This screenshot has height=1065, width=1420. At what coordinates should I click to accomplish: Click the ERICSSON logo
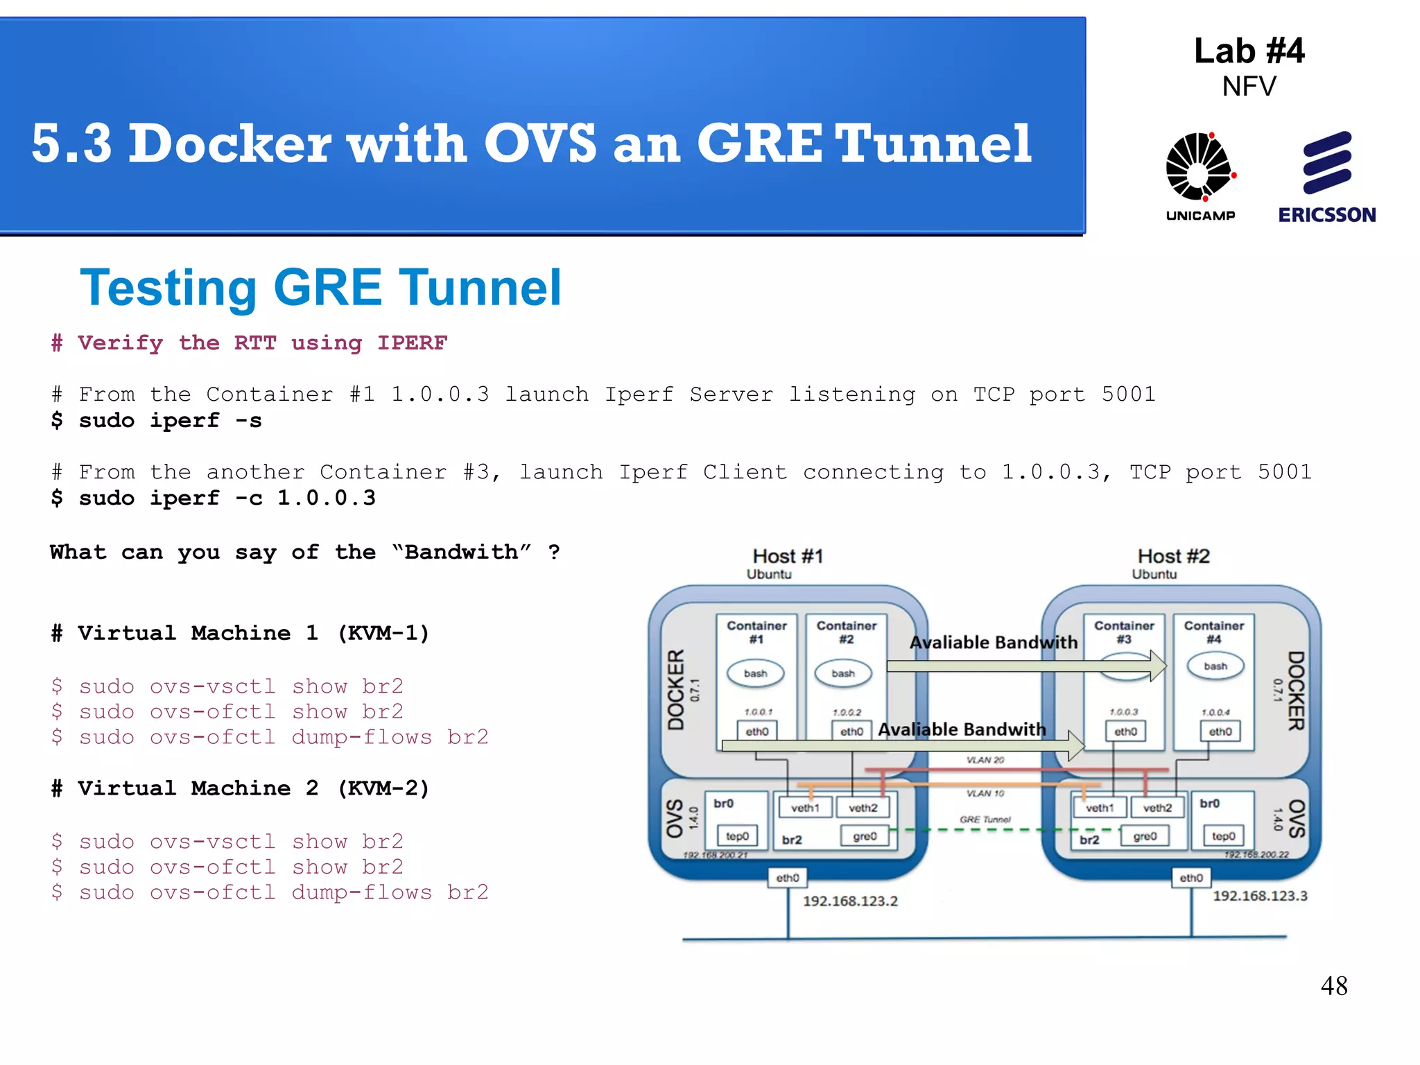click(x=1326, y=176)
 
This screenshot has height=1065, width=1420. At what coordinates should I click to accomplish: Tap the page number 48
click(x=1333, y=986)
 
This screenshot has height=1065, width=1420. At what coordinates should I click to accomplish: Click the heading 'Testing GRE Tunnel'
click(x=320, y=288)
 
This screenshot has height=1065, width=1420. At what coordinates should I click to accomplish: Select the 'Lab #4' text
click(x=1249, y=51)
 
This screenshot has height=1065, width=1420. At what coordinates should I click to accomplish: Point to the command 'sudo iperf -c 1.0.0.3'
click(x=214, y=499)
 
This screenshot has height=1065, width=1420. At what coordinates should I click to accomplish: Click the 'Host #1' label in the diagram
click(x=788, y=556)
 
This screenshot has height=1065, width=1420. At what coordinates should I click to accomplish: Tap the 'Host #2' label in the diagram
click(x=1173, y=556)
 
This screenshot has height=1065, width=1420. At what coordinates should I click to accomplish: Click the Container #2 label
click(x=847, y=632)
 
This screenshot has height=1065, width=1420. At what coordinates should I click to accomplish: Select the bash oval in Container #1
click(x=756, y=673)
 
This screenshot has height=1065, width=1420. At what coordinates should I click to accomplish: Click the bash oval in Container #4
click(x=1215, y=666)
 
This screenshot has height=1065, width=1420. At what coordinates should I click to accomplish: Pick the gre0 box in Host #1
click(x=865, y=836)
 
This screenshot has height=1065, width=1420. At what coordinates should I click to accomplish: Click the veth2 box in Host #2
click(x=1157, y=808)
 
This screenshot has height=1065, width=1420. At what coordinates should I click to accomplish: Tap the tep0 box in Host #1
click(x=737, y=836)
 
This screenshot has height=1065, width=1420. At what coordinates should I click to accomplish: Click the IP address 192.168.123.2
click(x=850, y=901)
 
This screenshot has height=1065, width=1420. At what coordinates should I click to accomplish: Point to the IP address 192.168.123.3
click(x=1260, y=896)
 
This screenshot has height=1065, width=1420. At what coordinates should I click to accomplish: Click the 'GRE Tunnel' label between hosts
click(x=985, y=820)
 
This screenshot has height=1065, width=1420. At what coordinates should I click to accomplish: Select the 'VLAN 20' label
click(x=985, y=760)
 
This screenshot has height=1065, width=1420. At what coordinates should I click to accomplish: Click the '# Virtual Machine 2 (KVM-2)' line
click(x=240, y=788)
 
